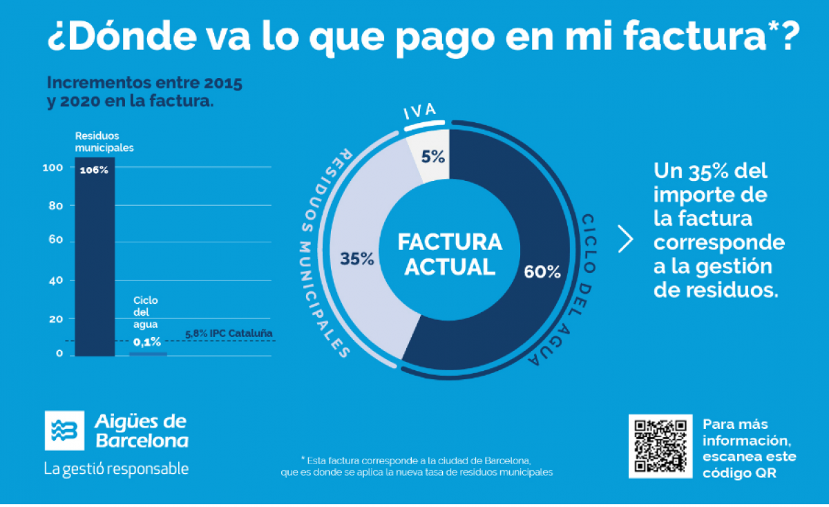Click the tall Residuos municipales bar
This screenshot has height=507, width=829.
[x=95, y=262]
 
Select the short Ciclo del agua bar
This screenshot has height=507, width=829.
[x=148, y=354]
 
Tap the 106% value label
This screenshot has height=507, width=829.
[x=94, y=170]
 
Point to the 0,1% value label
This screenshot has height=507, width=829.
[x=147, y=341]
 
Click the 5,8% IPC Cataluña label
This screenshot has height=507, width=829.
[x=229, y=334]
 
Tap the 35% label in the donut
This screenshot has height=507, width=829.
[x=356, y=259]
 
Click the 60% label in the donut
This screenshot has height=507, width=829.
[x=542, y=271]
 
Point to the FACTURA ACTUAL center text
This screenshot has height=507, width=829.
[x=450, y=254]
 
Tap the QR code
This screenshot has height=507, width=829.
[x=660, y=446]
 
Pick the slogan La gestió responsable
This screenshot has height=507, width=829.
[x=116, y=468]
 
